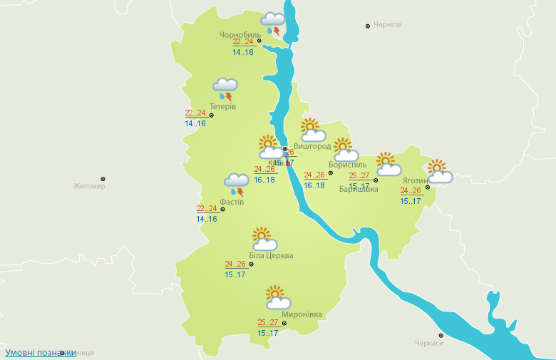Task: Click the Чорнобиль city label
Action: pos(240,34)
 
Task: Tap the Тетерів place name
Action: pos(223,107)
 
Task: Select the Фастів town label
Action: pos(232,202)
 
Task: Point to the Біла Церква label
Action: pos(271,256)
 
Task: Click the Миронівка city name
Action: pos(302,314)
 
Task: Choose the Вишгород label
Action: pos(312,146)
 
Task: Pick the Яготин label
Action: pos(415,180)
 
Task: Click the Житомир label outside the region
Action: pos(89,187)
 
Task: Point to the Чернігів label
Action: pos(387,25)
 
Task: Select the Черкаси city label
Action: pos(429,343)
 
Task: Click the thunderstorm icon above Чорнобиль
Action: pos(272,24)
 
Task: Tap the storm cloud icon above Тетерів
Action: pos(225,89)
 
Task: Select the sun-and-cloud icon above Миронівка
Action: pos(277,297)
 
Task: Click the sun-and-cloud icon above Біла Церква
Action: pos(264,239)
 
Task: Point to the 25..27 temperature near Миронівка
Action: pos(267,322)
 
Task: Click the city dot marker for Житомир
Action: pos(103,179)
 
